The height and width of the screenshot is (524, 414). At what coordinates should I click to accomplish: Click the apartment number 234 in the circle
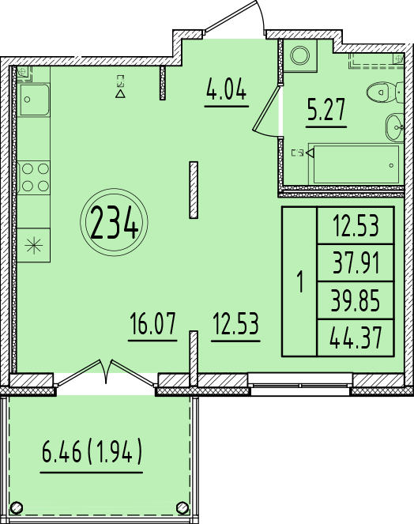(114, 222)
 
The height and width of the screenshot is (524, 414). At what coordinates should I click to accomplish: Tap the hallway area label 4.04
(227, 89)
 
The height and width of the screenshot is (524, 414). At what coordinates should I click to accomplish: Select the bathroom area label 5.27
(326, 109)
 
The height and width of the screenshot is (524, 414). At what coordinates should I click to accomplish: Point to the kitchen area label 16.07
(152, 323)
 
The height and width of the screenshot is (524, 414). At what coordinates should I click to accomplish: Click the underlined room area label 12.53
(236, 323)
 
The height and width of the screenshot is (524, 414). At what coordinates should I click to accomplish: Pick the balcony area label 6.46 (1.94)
(92, 450)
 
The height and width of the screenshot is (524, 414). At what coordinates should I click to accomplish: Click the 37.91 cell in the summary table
(356, 263)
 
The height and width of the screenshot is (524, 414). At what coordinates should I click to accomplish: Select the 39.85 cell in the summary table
(356, 300)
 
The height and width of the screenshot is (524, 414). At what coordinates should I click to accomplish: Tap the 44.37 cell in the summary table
(356, 337)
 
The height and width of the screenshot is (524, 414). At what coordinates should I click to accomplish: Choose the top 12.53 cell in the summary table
(356, 225)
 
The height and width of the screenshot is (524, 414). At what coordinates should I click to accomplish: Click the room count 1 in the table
(301, 282)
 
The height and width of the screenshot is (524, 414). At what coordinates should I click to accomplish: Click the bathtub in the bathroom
(356, 164)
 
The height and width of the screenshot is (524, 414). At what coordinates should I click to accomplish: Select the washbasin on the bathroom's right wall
(395, 127)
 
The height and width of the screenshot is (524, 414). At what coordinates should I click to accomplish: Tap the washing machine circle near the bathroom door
(299, 55)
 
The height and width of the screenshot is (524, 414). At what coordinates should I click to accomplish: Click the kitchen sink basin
(34, 100)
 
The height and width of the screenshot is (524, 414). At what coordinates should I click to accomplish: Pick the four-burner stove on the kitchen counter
(34, 178)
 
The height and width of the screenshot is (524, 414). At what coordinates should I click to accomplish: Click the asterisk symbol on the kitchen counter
(34, 246)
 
